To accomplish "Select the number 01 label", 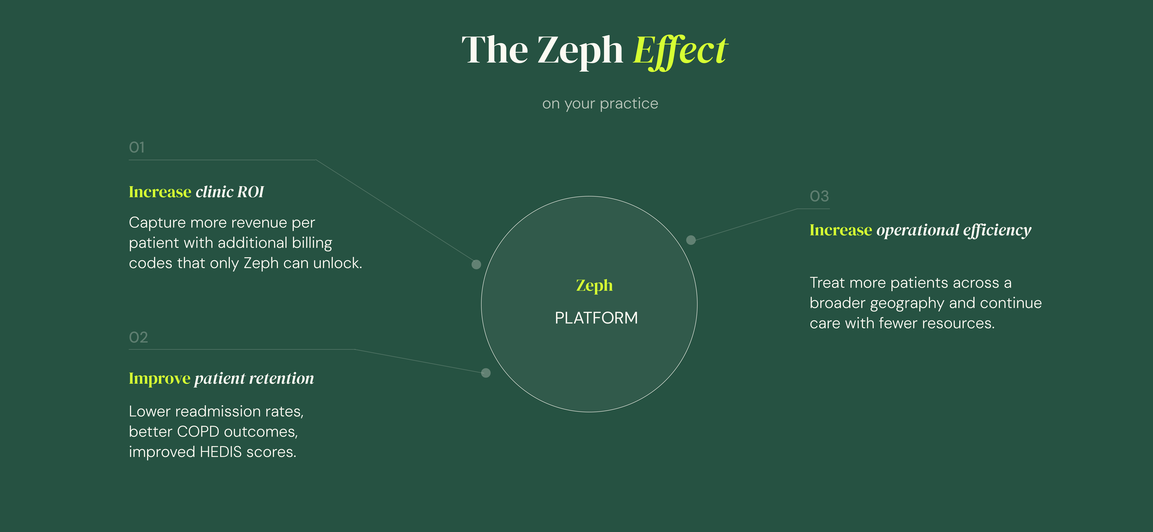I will point(137,147).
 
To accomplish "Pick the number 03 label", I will point(819,196).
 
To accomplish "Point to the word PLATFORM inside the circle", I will point(596,318).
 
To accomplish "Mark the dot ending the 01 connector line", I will point(476,264).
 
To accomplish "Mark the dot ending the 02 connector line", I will point(486,373).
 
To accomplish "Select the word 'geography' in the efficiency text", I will point(907,303).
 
